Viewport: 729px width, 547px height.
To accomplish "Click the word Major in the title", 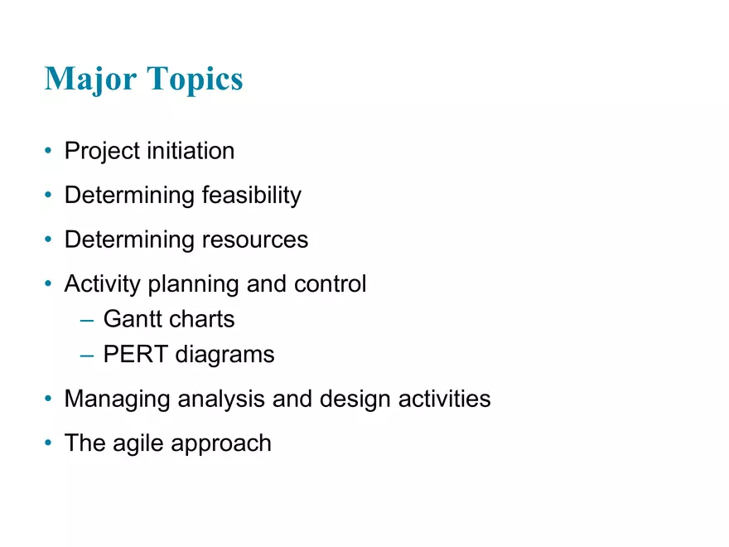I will pyautogui.click(x=91, y=79).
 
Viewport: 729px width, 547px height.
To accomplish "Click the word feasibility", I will pyautogui.click(x=252, y=196).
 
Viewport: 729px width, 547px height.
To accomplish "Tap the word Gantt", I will pyautogui.click(x=133, y=319).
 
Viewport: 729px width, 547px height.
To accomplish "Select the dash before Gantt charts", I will pyautogui.click(x=87, y=320).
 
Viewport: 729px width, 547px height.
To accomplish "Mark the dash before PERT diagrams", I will pyautogui.click(x=87, y=356).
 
